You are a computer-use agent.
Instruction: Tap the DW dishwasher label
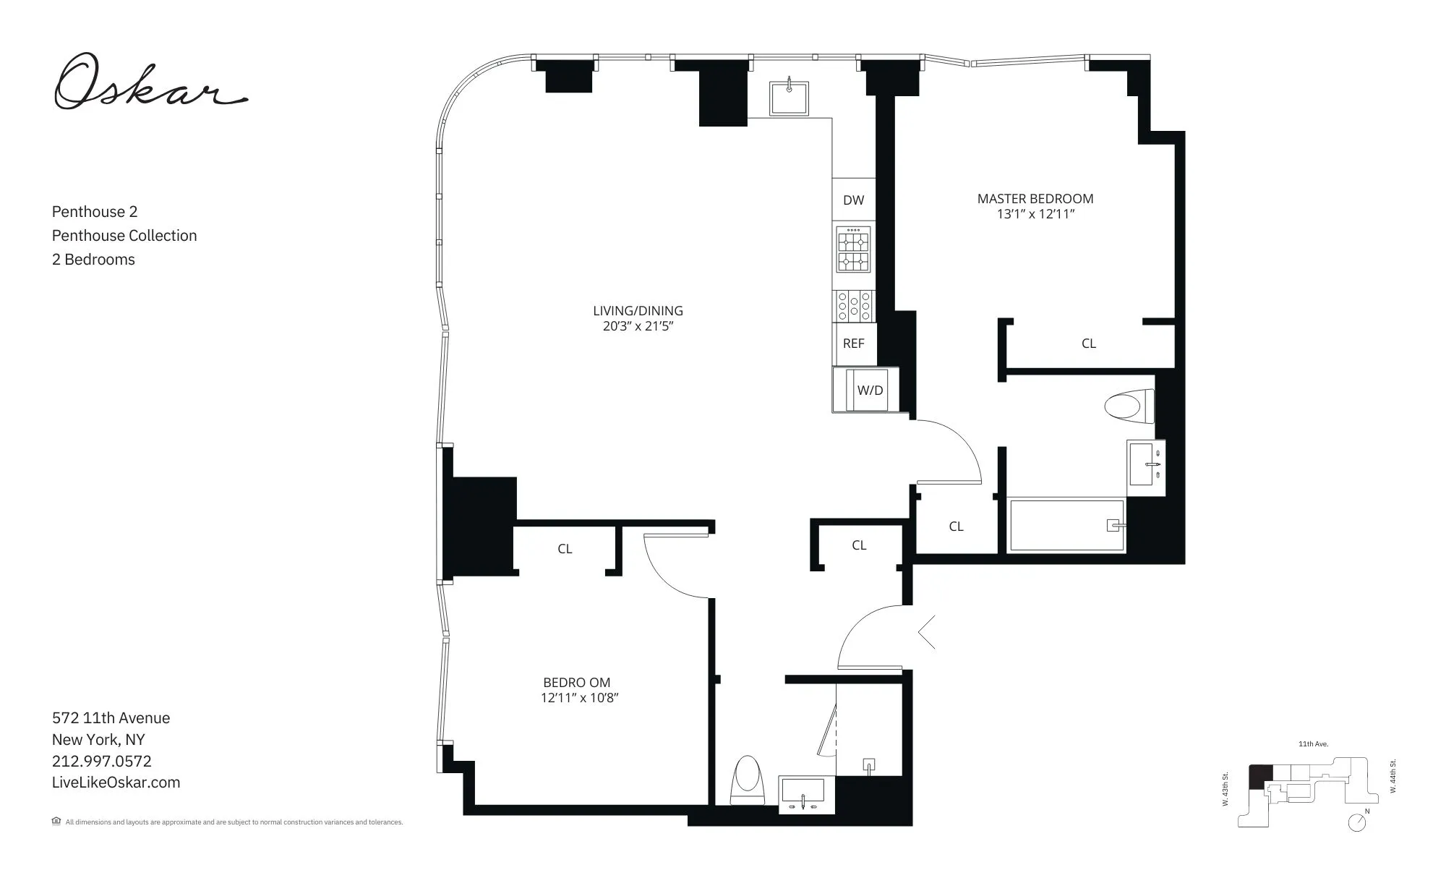[x=853, y=200]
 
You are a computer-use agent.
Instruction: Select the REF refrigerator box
[x=853, y=344]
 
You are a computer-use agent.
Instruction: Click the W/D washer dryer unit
[x=868, y=391]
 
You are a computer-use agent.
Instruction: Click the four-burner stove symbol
[x=853, y=250]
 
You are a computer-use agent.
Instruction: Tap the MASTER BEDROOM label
[x=1035, y=199]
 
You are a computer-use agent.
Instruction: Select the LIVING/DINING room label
[x=638, y=311]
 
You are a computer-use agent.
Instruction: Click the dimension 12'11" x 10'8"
[x=580, y=698]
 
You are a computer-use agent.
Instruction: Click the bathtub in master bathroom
[x=1066, y=525]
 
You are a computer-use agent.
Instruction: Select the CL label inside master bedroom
[x=1088, y=344]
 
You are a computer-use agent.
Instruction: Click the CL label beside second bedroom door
[x=565, y=550]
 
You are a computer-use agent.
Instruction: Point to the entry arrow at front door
[x=927, y=632]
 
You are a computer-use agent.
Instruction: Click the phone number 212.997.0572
[x=102, y=761]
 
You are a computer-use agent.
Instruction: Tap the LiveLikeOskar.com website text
[x=116, y=783]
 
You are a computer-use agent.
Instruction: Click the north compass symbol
[x=1357, y=822]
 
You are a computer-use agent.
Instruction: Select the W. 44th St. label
[x=1393, y=777]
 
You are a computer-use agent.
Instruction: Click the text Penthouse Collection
[x=124, y=236]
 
